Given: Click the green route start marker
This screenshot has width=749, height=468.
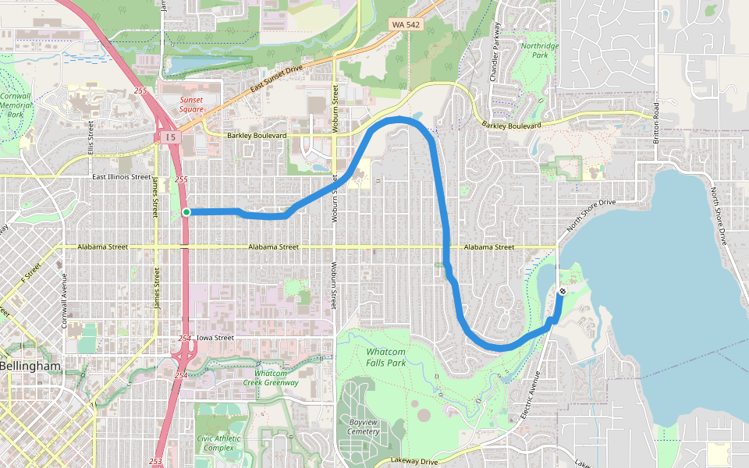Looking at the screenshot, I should click(x=186, y=212).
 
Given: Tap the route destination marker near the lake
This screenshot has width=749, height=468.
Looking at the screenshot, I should click(x=563, y=291).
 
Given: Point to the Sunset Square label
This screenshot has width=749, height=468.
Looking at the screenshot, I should click(x=191, y=105).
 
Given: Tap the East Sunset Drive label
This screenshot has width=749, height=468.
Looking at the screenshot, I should click(x=276, y=81).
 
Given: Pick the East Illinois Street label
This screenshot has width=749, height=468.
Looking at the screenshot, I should click(x=121, y=177).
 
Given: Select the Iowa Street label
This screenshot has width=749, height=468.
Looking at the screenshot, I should click(x=215, y=338).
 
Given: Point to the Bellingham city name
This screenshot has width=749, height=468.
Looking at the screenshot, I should click(x=30, y=366).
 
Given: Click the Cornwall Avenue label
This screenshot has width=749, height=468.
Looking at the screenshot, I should click(x=65, y=296).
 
